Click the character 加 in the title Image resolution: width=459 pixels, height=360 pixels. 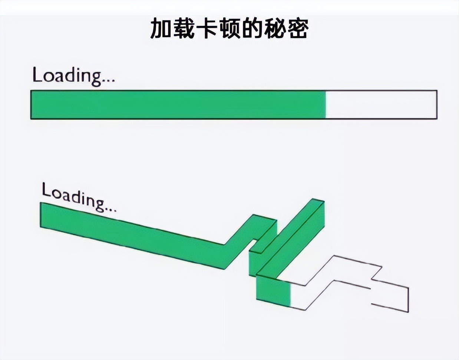point(162,29)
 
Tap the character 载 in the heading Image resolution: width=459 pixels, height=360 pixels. point(184,29)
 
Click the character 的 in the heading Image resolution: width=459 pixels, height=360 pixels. point(252,29)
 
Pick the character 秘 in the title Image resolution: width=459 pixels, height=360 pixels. point(274,29)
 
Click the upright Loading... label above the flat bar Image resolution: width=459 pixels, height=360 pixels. point(74,77)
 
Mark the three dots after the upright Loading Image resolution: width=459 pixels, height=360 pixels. point(108,81)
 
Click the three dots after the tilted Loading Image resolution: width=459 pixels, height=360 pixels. point(110,210)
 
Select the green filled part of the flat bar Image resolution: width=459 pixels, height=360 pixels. point(178,104)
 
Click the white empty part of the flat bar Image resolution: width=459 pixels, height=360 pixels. point(381,104)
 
